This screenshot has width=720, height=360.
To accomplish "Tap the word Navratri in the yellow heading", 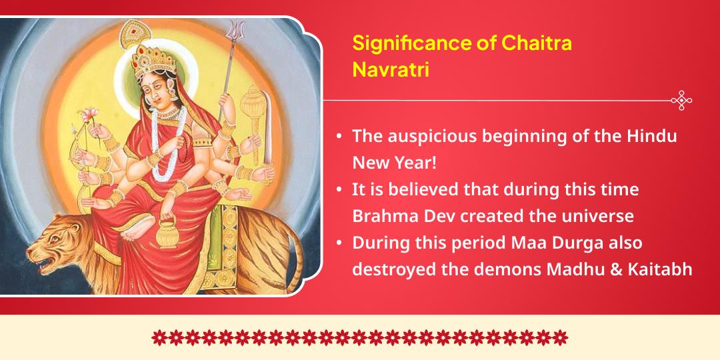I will (x=391, y=69).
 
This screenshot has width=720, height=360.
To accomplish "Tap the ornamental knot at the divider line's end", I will (x=681, y=101).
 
